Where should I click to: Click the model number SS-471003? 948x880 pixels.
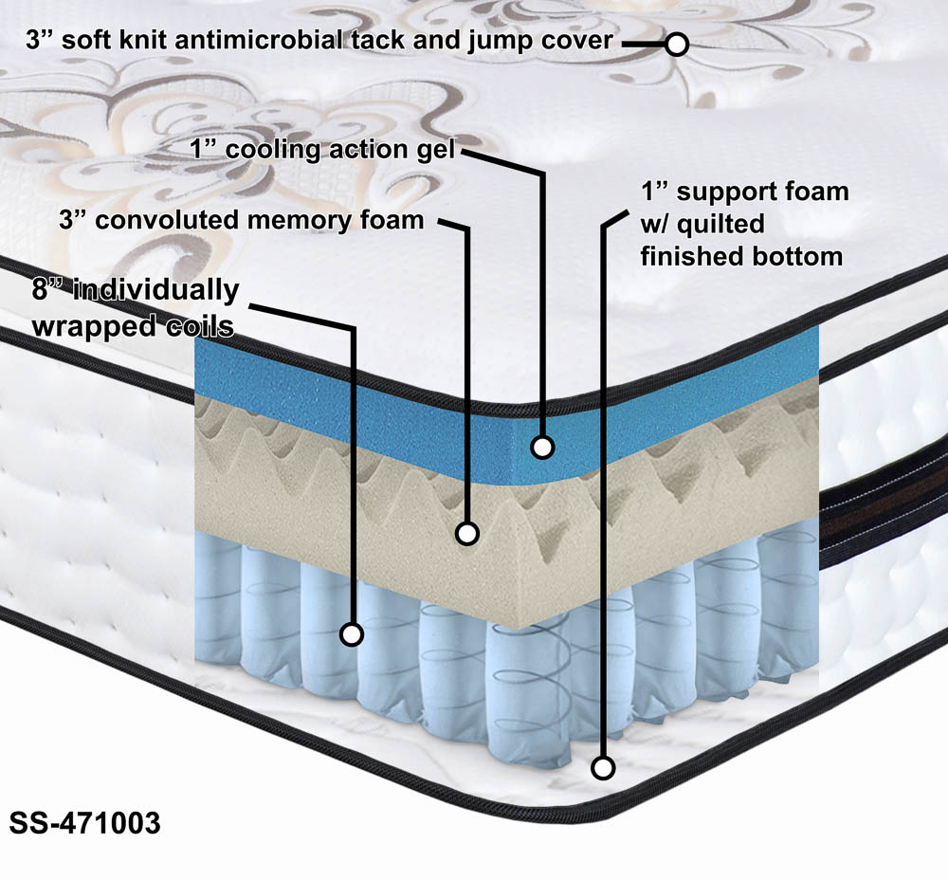(84, 822)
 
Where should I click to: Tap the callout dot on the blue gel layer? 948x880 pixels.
(542, 446)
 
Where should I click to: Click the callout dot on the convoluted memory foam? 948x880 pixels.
(466, 533)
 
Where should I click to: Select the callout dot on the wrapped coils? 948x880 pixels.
(352, 634)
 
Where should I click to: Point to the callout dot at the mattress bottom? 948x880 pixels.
(601, 767)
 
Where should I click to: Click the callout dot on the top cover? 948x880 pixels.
(677, 44)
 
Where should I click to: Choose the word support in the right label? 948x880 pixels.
(727, 192)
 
